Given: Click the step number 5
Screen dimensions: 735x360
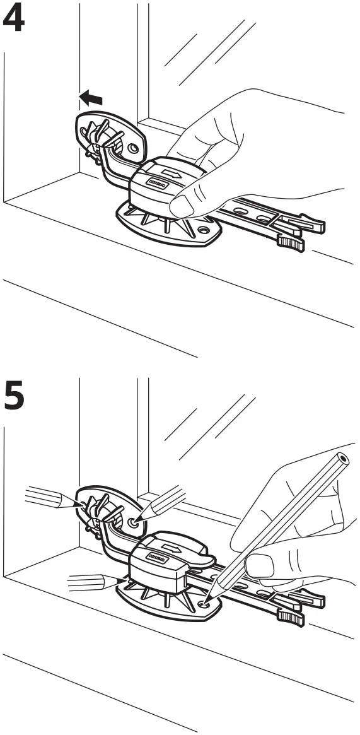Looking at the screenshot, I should point(15,396).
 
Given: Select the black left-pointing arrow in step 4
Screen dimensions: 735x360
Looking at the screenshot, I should point(91,98).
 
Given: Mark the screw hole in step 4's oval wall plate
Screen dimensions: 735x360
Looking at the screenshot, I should point(132,149).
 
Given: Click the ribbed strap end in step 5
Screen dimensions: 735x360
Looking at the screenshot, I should point(291,615).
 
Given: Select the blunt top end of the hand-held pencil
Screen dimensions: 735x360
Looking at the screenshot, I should point(342,457).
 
